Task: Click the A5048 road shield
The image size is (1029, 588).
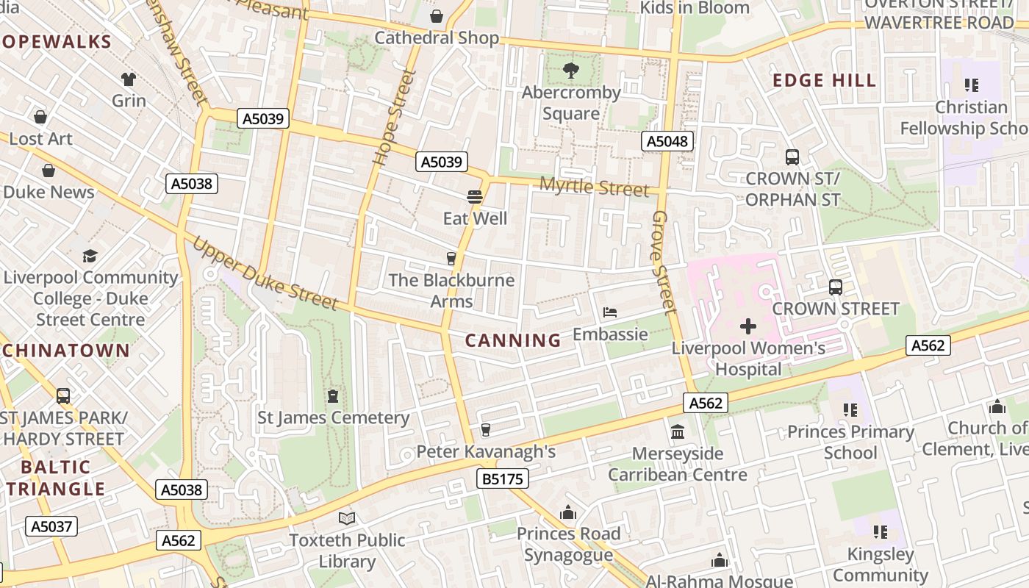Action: point(667,141)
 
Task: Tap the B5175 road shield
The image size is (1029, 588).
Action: point(503,479)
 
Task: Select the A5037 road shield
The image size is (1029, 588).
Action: point(51,526)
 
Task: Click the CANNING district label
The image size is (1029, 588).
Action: point(513,340)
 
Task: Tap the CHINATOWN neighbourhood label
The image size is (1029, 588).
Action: point(65,350)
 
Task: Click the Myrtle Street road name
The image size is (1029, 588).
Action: point(595,187)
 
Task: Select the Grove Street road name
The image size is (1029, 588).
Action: point(663,261)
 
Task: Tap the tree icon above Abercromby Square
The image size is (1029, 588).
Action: point(570,71)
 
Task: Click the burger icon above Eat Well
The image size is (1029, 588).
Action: point(475,197)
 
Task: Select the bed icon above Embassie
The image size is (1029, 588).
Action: point(609,312)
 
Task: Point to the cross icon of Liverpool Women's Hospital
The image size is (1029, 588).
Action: point(748,326)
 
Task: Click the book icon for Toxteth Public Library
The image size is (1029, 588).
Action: point(346,518)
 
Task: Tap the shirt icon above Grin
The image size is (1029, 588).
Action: point(129,79)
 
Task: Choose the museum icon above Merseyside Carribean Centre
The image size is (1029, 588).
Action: point(678,431)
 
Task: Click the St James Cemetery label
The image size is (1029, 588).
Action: point(333,417)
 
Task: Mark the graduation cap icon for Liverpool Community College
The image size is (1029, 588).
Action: point(90,255)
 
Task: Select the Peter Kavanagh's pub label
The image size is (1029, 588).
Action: point(486,451)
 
